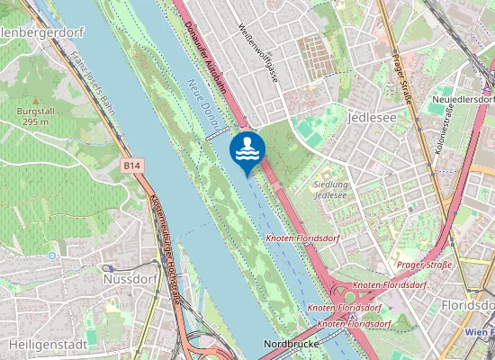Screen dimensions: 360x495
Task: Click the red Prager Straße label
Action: (424, 265)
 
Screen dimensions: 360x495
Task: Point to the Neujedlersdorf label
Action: (463, 99)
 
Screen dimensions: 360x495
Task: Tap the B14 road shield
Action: (132, 166)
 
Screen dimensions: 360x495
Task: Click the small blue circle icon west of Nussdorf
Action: (52, 255)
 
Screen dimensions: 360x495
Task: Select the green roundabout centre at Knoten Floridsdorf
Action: (349, 297)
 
